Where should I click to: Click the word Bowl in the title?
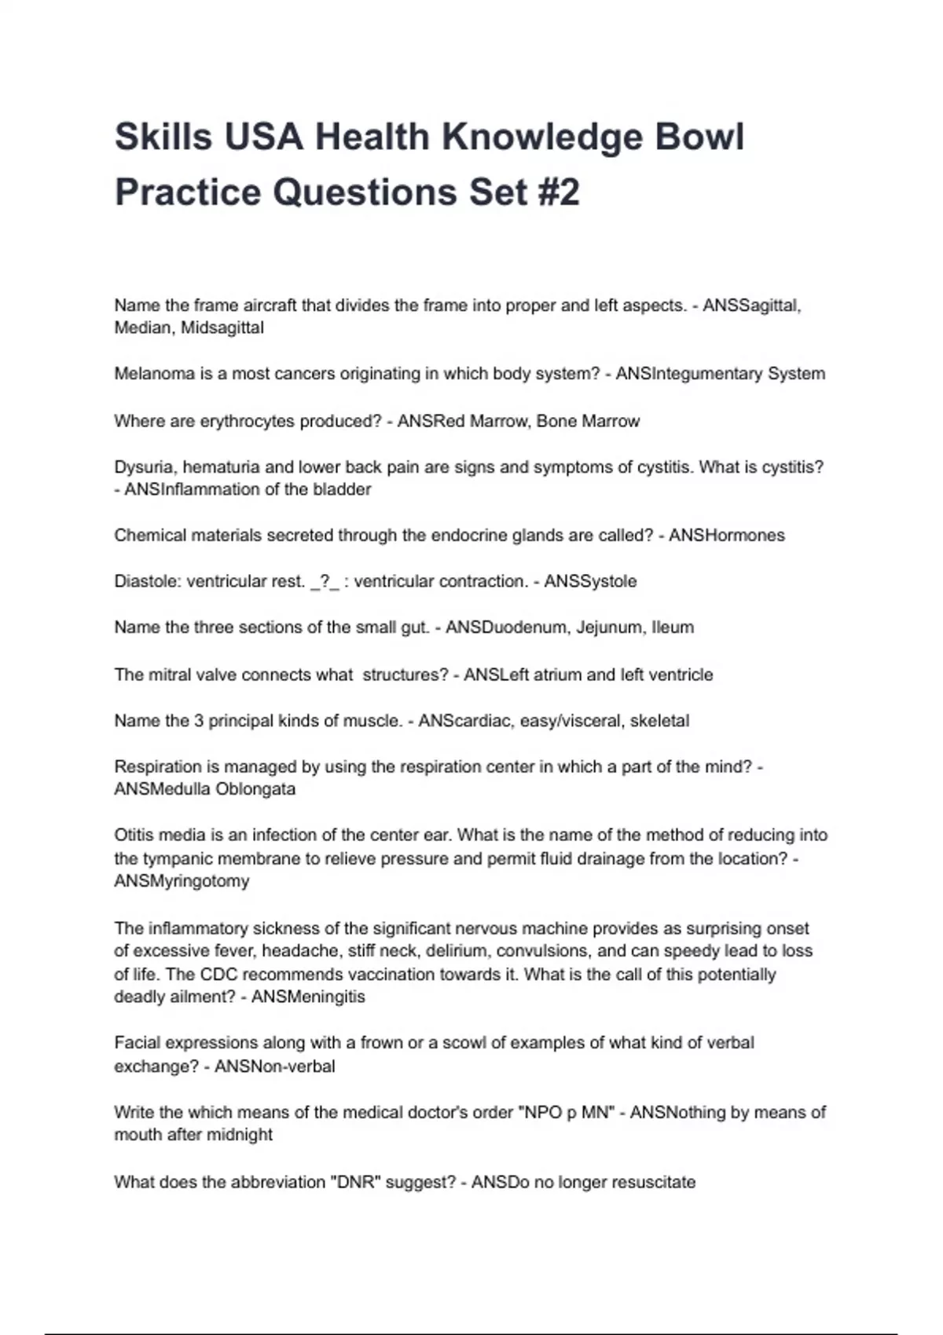699,137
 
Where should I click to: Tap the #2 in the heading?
560,192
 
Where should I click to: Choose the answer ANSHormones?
727,536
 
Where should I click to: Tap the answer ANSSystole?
590,582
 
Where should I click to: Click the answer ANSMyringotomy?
182,881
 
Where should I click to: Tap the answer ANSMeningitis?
308,997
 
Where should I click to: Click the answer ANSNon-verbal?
275,1066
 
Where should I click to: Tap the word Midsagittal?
222,328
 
